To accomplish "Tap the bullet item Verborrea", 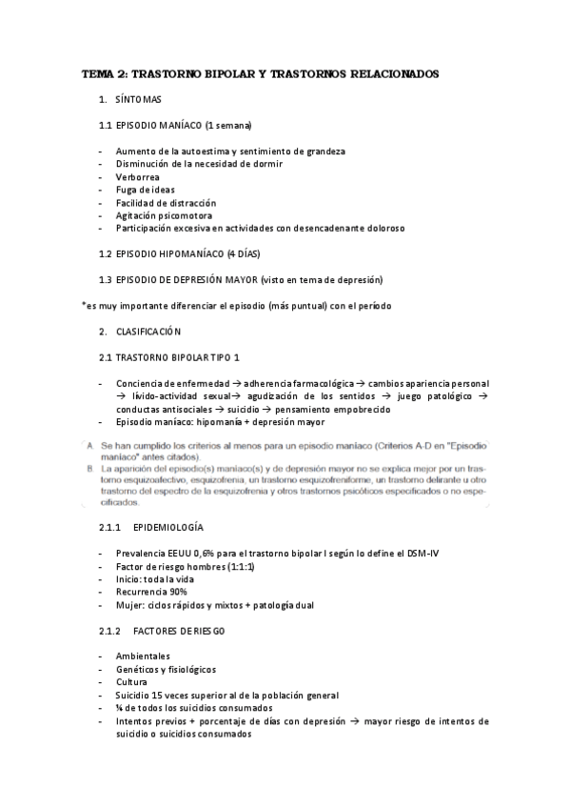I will (x=137, y=177).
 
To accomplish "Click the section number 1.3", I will (x=105, y=280).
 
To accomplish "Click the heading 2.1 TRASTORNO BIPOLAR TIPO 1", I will (x=171, y=357).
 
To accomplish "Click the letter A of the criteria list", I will (x=88, y=445).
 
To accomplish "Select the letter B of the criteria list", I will (x=88, y=469).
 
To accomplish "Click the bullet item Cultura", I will (x=131, y=682).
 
